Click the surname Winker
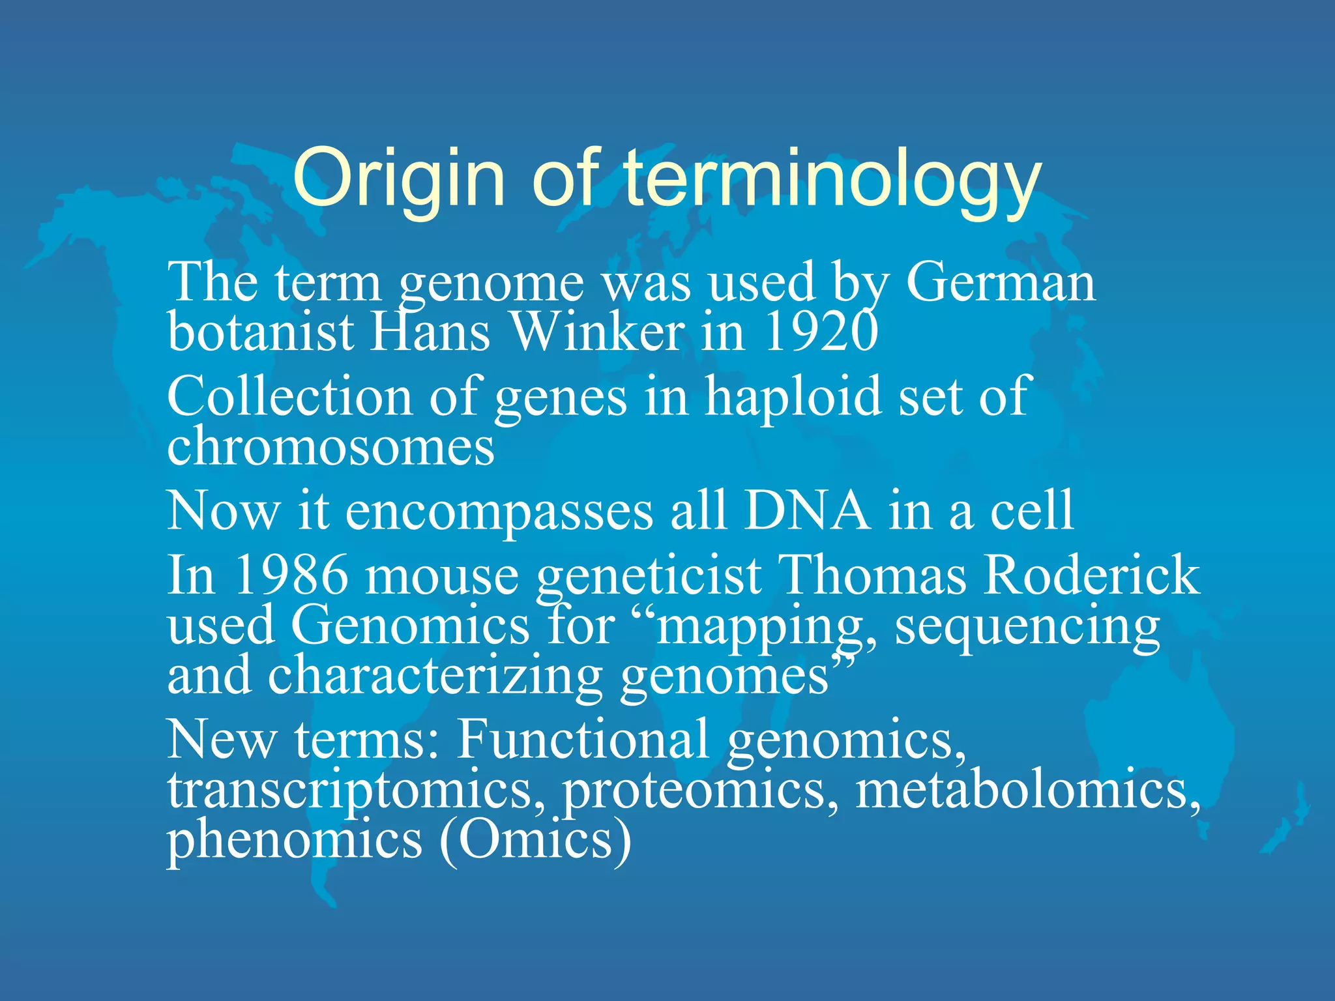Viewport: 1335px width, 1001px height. click(596, 332)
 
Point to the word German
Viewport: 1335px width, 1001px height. click(1001, 282)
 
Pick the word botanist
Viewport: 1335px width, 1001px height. click(261, 332)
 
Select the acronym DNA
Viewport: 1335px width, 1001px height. click(806, 511)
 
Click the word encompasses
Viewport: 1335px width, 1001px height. click(499, 512)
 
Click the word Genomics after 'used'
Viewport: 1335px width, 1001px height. click(410, 625)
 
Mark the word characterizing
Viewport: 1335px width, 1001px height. click(435, 676)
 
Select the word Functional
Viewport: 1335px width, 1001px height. click(582, 739)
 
